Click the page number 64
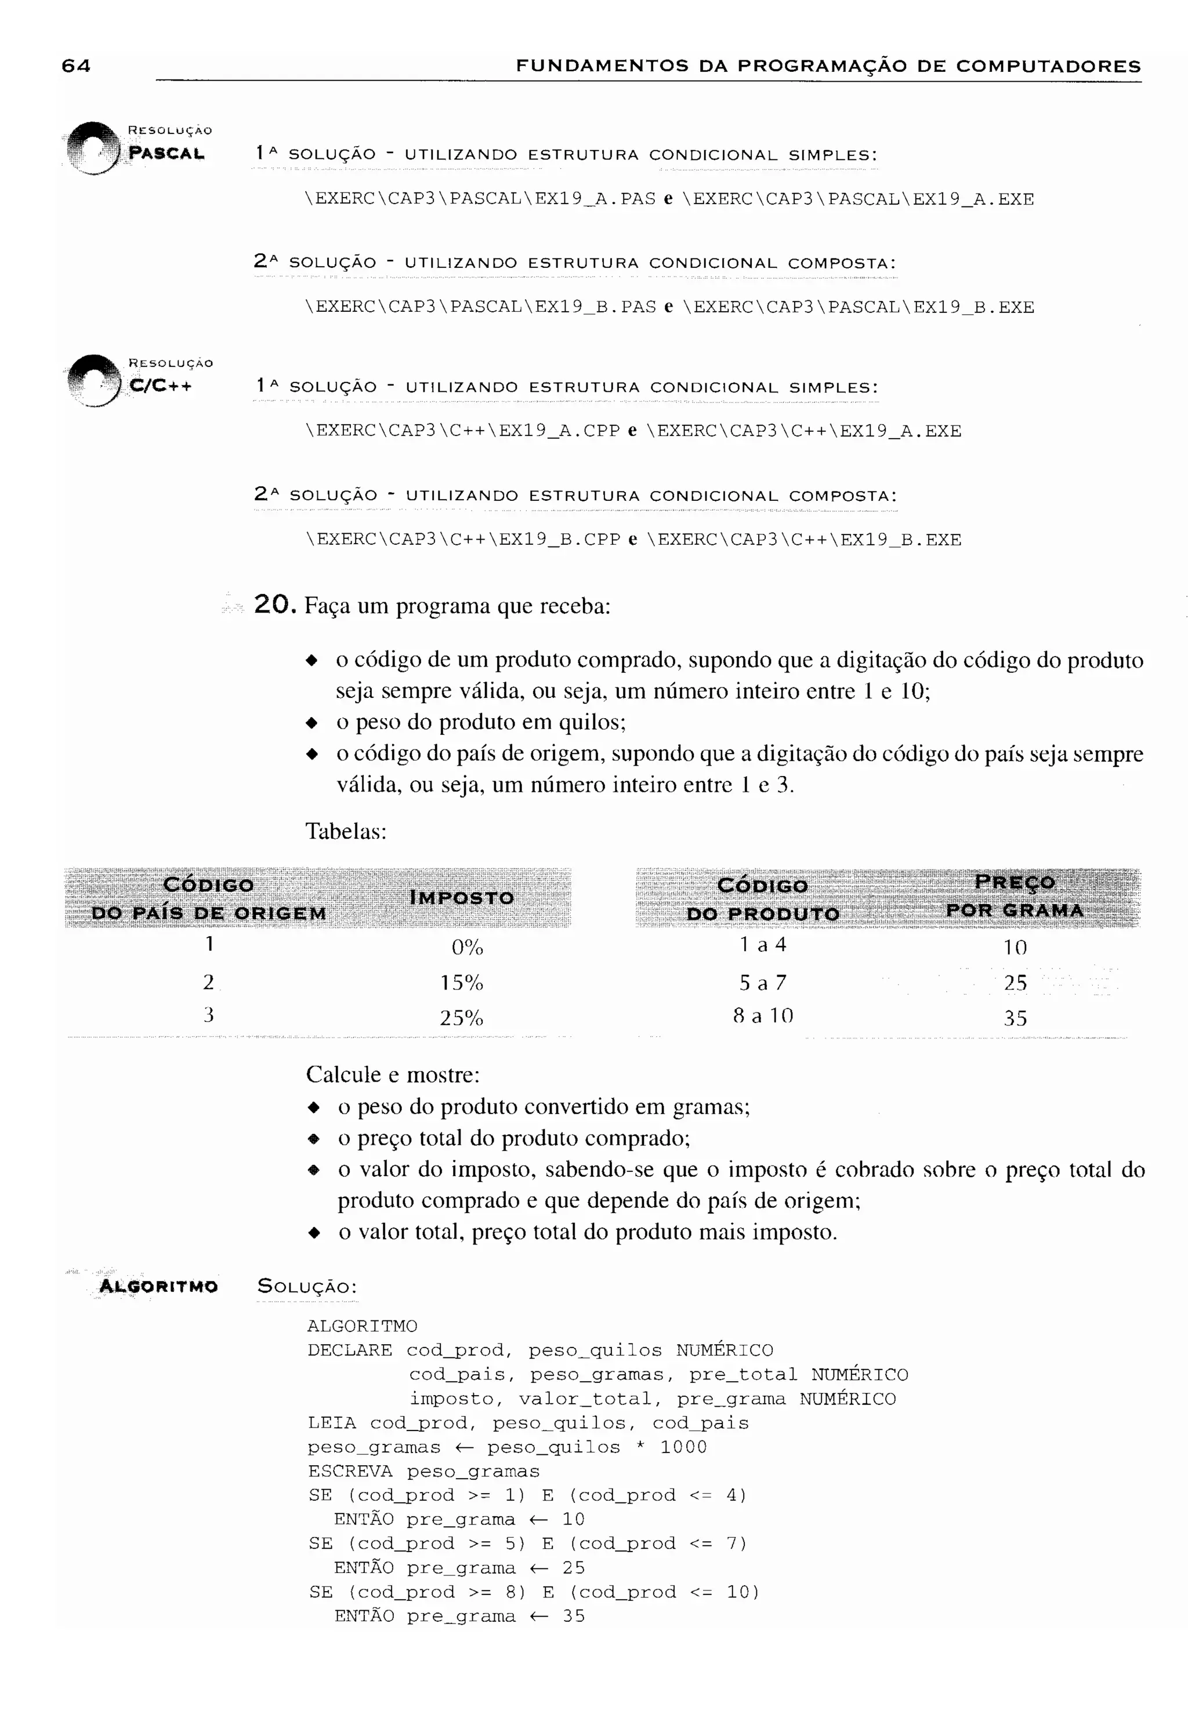(76, 66)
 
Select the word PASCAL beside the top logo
(166, 154)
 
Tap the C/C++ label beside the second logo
(160, 386)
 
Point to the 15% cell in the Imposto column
(462, 983)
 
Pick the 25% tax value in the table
(462, 1018)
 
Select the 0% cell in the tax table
(468, 947)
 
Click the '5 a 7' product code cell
(762, 983)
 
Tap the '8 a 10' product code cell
(763, 1015)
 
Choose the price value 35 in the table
(1015, 1018)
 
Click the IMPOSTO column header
(462, 898)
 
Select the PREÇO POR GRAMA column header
(1015, 897)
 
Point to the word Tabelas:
(346, 831)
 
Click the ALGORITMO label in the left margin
(158, 1286)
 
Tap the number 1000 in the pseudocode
(683, 1447)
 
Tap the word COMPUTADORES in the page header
(1048, 66)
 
